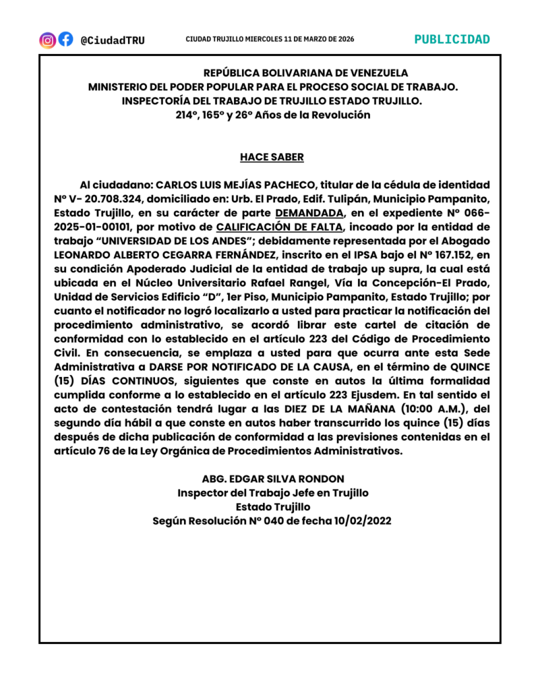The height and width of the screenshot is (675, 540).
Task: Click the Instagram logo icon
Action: click(47, 40)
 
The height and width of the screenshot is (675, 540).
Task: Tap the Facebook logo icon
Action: click(65, 40)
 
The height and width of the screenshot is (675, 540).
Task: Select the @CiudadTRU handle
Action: click(113, 40)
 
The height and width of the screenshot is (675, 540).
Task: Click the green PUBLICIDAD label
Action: click(452, 40)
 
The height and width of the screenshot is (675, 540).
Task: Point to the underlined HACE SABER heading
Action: click(272, 158)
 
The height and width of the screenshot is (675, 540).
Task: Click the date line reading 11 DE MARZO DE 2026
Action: click(310, 40)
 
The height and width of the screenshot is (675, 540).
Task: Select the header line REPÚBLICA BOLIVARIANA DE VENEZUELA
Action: click(305, 73)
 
